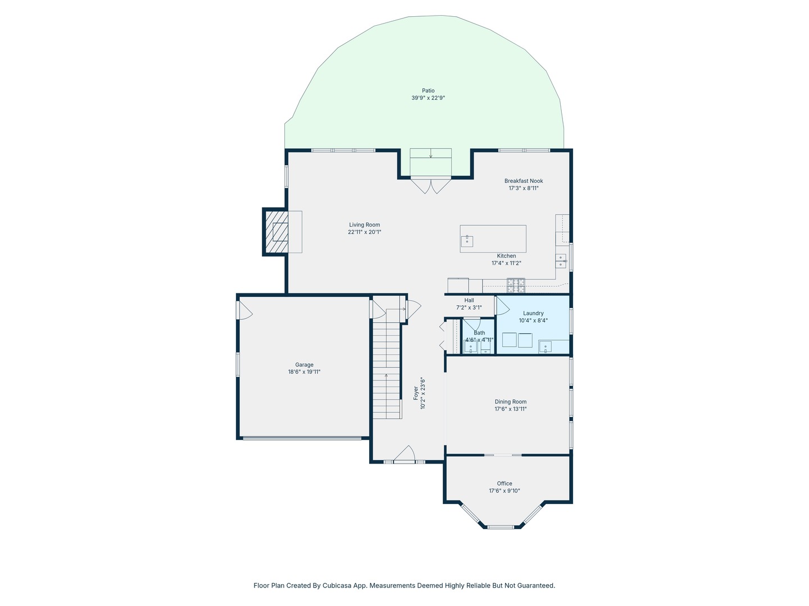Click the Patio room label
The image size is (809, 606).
[x=428, y=90]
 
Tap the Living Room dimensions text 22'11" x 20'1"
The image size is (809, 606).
[x=364, y=232]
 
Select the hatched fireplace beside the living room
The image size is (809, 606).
[x=276, y=232]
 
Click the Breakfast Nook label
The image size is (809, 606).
[x=524, y=181]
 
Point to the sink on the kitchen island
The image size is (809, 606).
[x=467, y=241]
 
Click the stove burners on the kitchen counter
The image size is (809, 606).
[x=516, y=285]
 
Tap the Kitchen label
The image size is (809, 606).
[x=506, y=256]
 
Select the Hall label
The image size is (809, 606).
[x=469, y=300]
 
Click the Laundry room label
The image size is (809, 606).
[x=533, y=313]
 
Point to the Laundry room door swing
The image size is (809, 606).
[x=503, y=306]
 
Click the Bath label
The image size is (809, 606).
[x=479, y=333]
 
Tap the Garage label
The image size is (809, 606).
[x=304, y=365]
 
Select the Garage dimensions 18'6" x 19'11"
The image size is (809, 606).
[x=304, y=371]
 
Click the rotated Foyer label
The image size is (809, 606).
[x=416, y=393]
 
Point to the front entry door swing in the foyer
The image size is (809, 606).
[x=404, y=454]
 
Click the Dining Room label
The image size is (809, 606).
[x=511, y=402]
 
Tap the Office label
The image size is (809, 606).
[x=504, y=484]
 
